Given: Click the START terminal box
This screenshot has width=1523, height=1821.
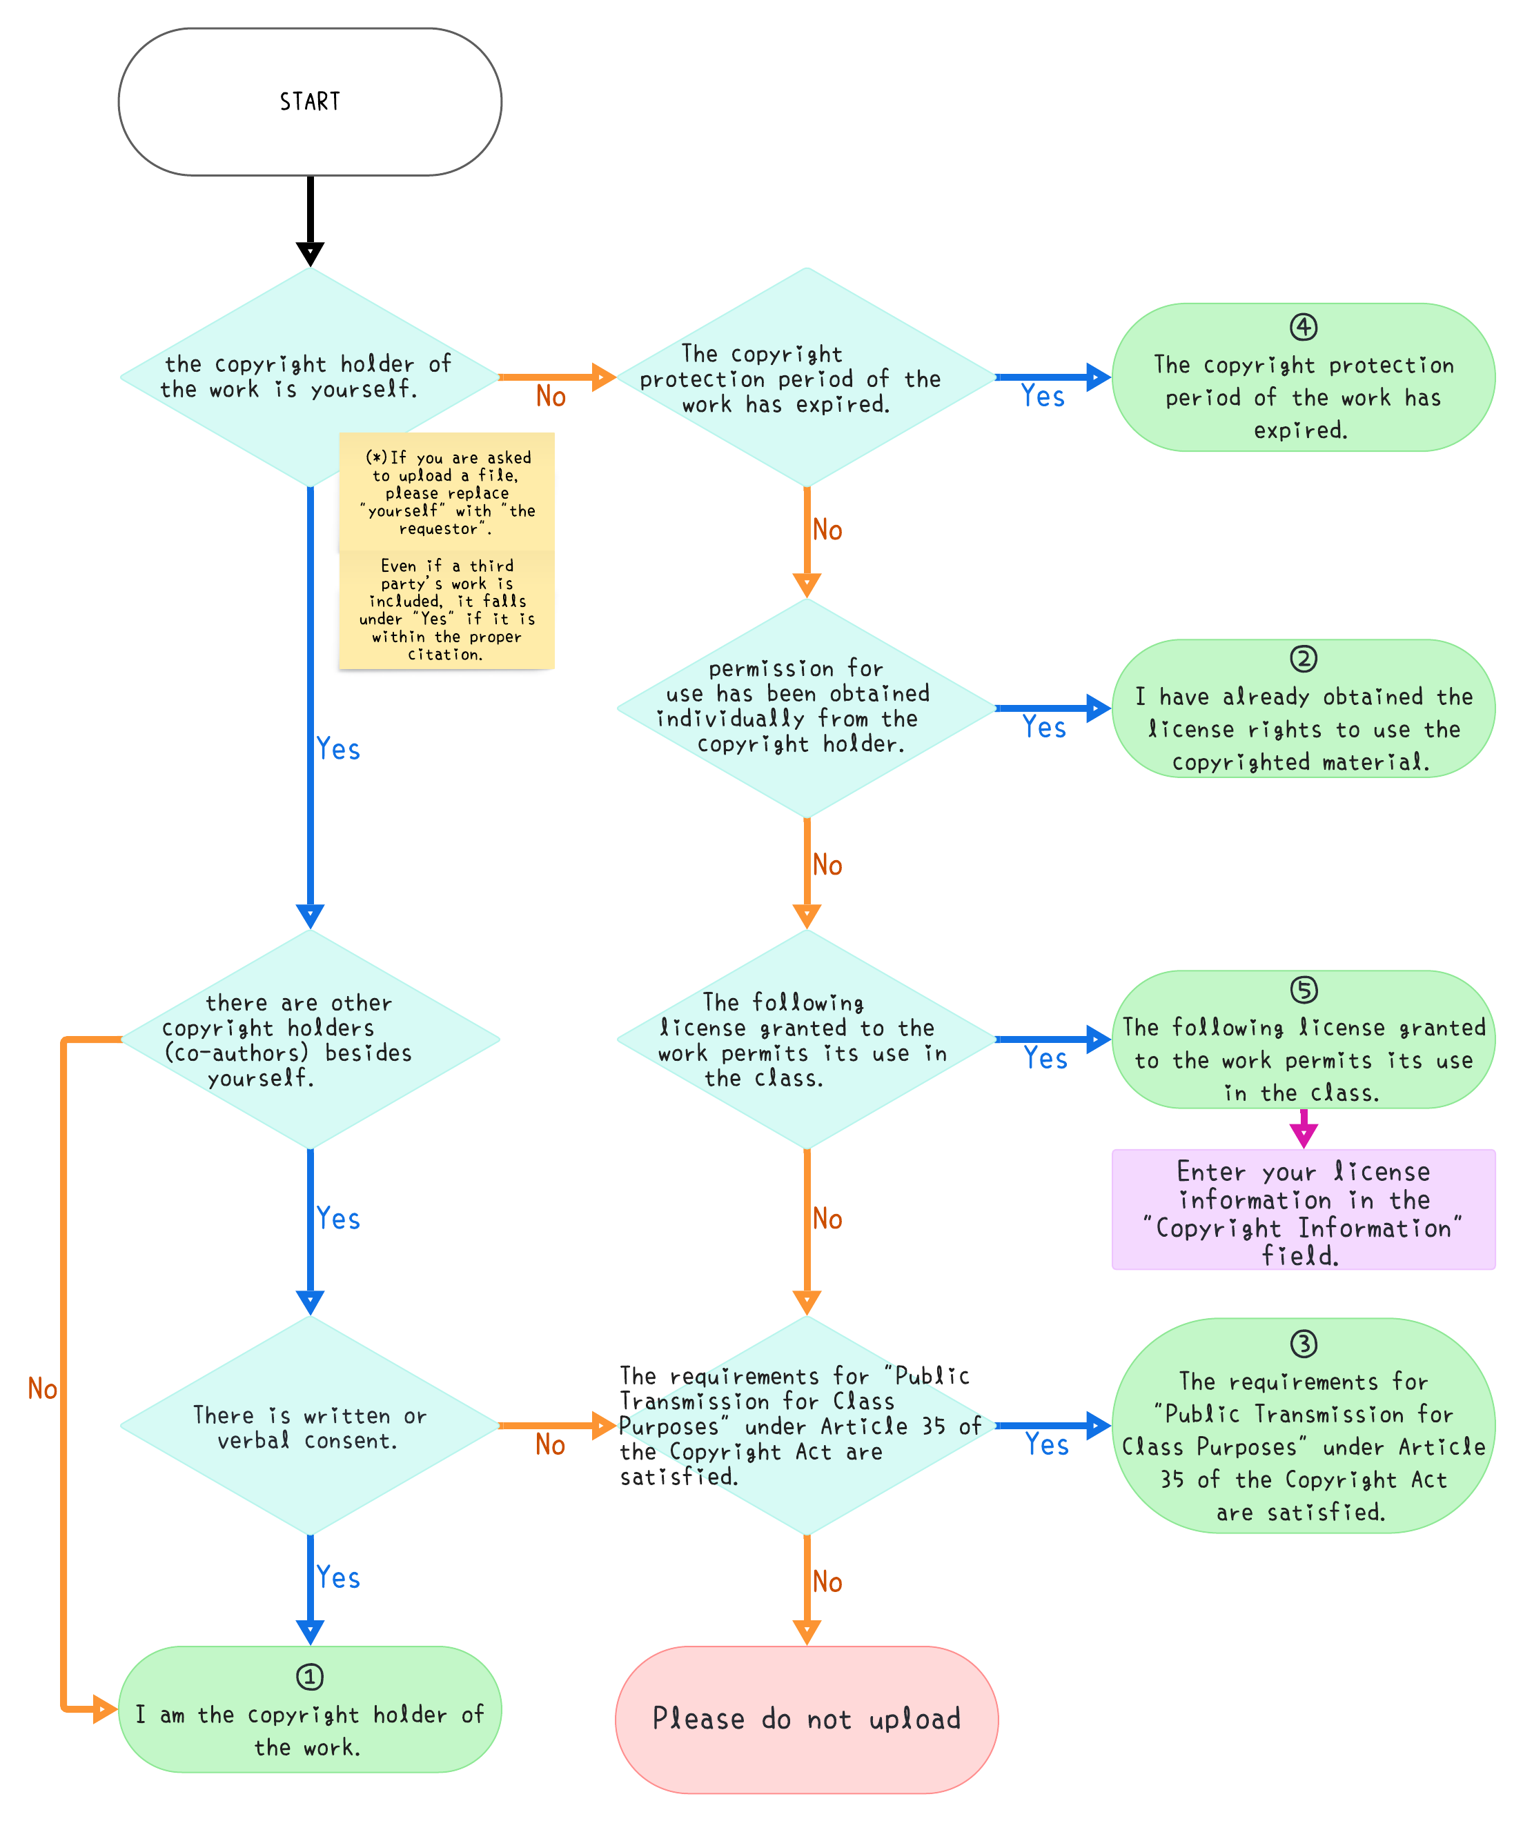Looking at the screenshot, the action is point(310,101).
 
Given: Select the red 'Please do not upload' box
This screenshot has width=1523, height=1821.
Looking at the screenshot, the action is point(807,1719).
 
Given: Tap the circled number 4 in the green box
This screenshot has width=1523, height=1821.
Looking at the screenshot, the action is point(1303,327).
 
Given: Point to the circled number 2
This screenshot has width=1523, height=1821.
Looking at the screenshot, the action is point(1303,659).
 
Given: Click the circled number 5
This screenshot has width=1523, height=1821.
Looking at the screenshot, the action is point(1303,989).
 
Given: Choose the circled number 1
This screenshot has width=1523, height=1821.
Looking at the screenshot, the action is point(310,1676).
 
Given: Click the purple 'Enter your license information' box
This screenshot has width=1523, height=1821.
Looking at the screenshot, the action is point(1304,1210).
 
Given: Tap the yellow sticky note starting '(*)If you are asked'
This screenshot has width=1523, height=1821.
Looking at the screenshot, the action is point(446,492).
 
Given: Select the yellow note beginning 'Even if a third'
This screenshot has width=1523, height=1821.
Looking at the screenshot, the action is point(446,610).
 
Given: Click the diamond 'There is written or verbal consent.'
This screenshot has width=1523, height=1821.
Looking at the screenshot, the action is point(310,1426).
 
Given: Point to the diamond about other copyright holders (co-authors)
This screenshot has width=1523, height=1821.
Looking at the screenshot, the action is point(310,1039).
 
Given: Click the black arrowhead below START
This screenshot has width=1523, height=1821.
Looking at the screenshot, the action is point(310,254).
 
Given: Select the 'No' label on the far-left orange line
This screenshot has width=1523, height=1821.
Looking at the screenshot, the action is point(43,1389).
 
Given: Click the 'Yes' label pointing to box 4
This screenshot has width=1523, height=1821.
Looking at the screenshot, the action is point(1043,397).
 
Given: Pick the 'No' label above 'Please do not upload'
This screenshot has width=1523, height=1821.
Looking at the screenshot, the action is point(827,1582).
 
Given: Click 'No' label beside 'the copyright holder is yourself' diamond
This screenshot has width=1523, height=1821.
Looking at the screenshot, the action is point(551,397).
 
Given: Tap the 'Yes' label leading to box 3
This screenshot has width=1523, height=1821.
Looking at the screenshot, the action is point(1047,1444).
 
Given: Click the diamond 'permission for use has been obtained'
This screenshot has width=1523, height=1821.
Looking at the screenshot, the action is point(807,708).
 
